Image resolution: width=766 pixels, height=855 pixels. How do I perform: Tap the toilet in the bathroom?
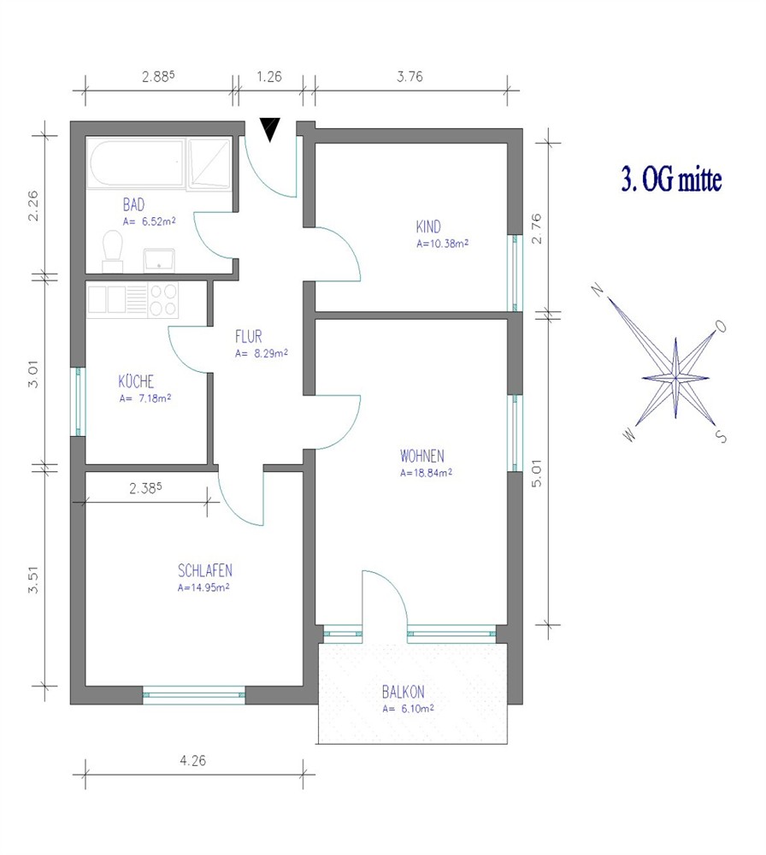click(113, 251)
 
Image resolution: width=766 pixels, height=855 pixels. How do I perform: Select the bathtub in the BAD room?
click(136, 163)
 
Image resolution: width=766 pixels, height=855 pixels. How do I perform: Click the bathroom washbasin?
click(159, 260)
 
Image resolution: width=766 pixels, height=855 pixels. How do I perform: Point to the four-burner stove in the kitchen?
click(163, 300)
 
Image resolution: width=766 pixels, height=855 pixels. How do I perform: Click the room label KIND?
click(428, 227)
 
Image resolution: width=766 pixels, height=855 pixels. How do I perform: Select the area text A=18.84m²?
click(426, 473)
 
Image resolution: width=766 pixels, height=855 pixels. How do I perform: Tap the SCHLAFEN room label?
click(205, 571)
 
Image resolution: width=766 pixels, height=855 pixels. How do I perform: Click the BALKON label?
click(403, 692)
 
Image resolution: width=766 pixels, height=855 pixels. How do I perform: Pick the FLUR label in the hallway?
click(249, 336)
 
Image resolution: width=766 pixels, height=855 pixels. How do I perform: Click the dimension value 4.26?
click(193, 760)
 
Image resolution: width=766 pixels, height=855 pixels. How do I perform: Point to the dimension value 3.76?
click(410, 76)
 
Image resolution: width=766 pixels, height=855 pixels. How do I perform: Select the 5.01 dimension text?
click(537, 473)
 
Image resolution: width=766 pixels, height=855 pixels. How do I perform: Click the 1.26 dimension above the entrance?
click(269, 76)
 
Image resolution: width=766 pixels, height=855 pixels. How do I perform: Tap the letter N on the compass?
click(598, 289)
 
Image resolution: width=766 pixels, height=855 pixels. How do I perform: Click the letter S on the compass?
click(721, 436)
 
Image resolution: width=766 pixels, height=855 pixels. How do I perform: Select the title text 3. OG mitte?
click(672, 180)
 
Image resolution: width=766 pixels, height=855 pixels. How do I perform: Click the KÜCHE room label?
click(136, 380)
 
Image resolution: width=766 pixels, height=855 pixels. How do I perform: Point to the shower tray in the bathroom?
click(209, 163)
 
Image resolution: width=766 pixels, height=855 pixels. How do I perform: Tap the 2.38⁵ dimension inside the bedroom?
click(145, 488)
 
